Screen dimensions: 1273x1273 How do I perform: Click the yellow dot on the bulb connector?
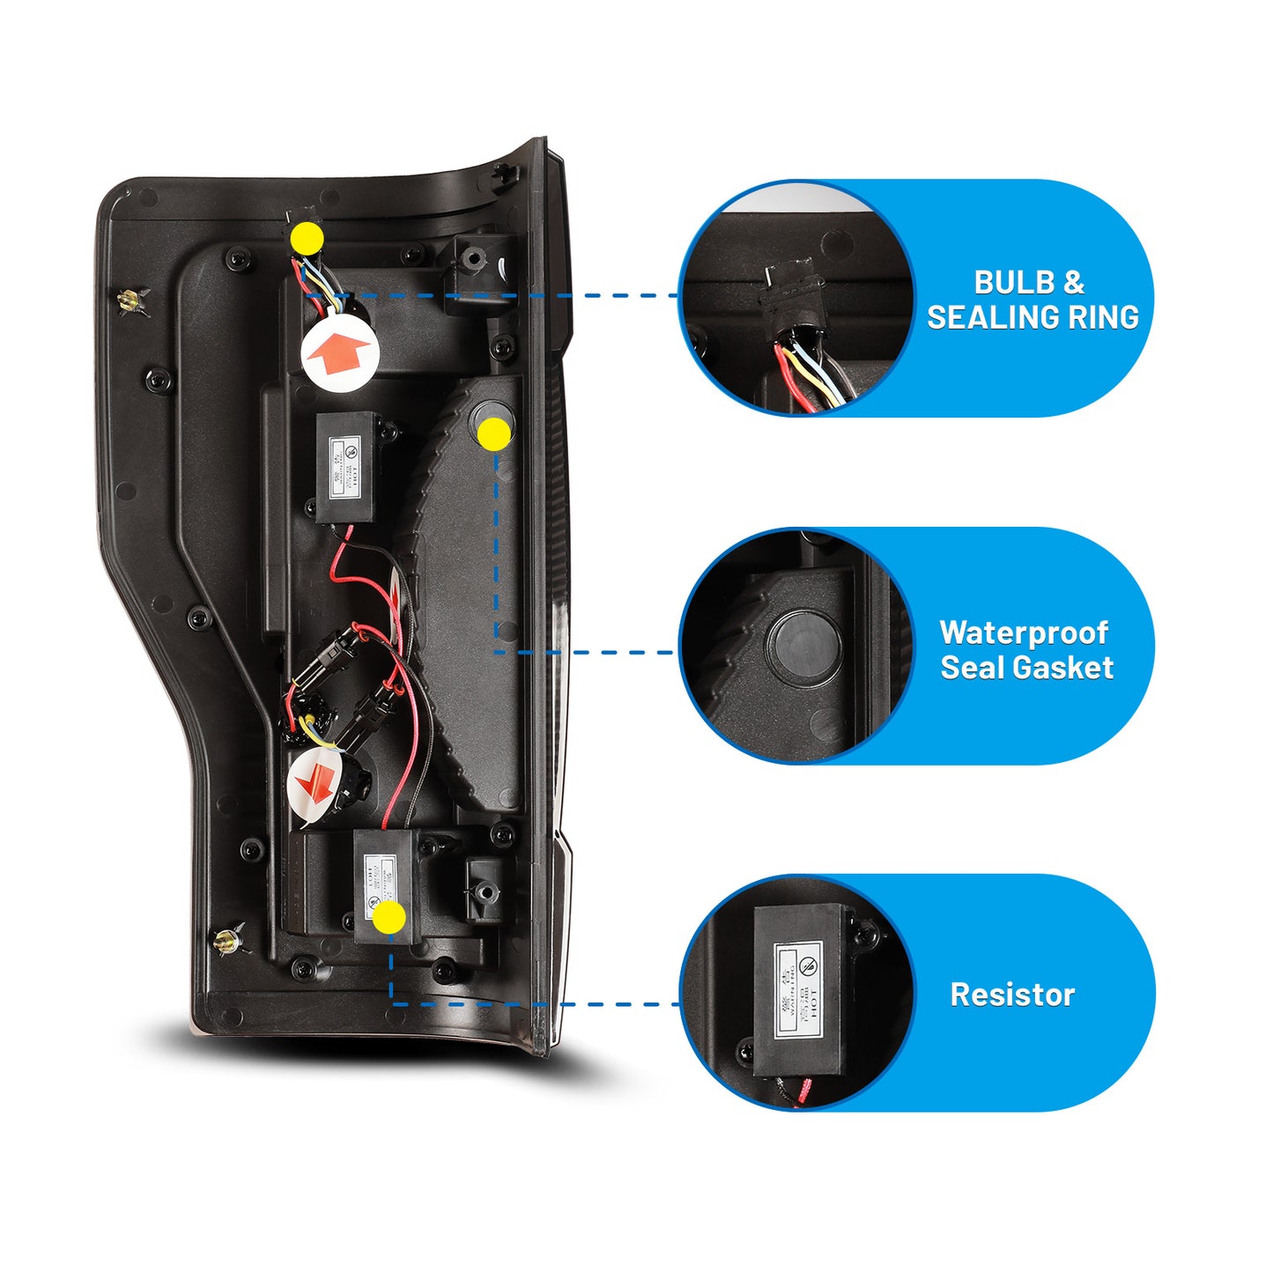307,238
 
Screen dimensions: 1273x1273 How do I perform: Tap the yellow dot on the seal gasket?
494,433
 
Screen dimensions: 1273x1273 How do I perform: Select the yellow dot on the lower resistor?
389,917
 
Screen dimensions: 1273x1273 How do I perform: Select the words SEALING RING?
1032,317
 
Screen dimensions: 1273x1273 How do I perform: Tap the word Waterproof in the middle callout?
1024,633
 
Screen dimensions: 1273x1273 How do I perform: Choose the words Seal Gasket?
1026,668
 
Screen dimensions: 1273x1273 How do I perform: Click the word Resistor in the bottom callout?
1012,995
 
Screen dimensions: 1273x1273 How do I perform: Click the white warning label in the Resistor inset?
799,988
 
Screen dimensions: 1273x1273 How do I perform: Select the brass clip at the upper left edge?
130,301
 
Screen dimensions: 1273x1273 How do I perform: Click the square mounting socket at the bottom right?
484,890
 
